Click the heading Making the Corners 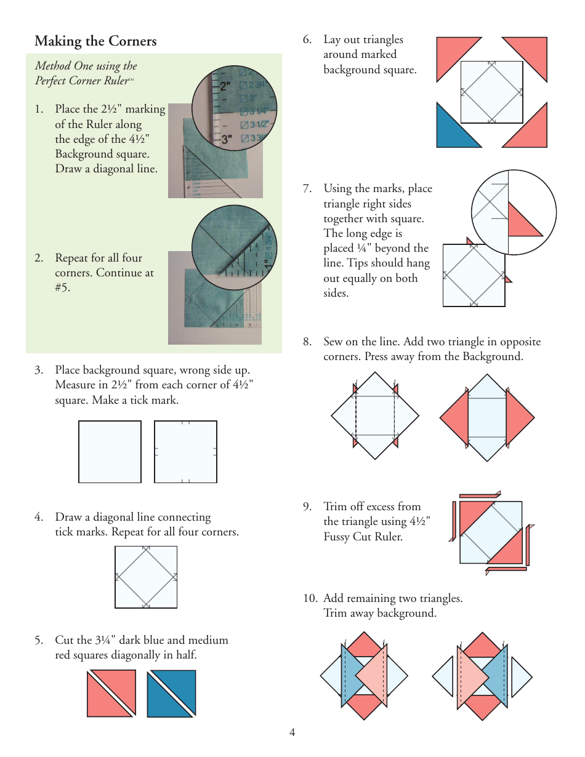pos(95,41)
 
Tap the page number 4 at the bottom pos(292,732)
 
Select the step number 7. pos(307,189)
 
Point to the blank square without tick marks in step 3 pos(110,452)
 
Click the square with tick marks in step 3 pos(185,452)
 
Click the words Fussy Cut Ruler pos(363,537)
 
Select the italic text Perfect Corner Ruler pos(81,81)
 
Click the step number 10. pos(310,598)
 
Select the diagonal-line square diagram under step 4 pos(146,577)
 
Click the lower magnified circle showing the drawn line pos(233,249)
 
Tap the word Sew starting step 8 pos(333,342)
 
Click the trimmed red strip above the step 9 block pos(478,495)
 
